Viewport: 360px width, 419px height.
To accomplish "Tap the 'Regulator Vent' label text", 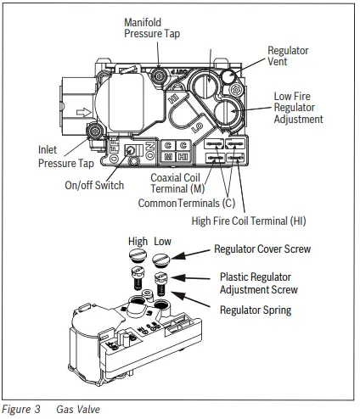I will pyautogui.click(x=289, y=57).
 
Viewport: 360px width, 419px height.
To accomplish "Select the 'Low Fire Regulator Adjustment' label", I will pyautogui.click(x=297, y=108).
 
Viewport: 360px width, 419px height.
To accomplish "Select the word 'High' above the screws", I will pyautogui.click(x=138, y=242).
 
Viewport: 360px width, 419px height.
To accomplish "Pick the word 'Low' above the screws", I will pyautogui.click(x=164, y=242).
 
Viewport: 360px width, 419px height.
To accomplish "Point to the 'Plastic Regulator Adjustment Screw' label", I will pyautogui.click(x=258, y=283).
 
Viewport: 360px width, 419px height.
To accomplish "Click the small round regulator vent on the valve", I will pyautogui.click(x=229, y=77).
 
